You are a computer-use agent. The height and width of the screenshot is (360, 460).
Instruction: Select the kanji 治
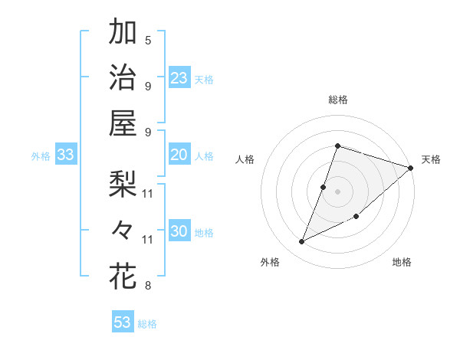point(123,77)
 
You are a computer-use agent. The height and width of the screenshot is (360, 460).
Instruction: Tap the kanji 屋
point(123,123)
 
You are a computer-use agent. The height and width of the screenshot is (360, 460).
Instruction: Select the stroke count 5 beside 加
point(148,40)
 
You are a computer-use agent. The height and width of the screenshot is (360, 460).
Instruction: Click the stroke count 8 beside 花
point(148,286)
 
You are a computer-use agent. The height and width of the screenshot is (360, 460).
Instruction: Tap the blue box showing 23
point(179,78)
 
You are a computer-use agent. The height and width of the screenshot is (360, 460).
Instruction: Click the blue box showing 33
point(65,155)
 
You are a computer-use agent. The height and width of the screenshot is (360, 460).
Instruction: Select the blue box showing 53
point(122,322)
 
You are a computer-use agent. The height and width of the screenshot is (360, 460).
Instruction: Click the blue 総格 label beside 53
point(147,324)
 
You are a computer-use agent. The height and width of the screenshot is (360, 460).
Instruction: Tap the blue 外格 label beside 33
point(41,156)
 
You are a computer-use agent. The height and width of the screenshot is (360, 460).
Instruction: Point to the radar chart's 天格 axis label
point(431,159)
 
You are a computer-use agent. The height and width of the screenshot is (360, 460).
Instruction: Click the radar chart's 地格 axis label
point(402,262)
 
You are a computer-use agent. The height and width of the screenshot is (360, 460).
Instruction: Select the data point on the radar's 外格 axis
point(302,242)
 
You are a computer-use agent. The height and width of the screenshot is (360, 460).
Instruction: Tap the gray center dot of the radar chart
point(337,191)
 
